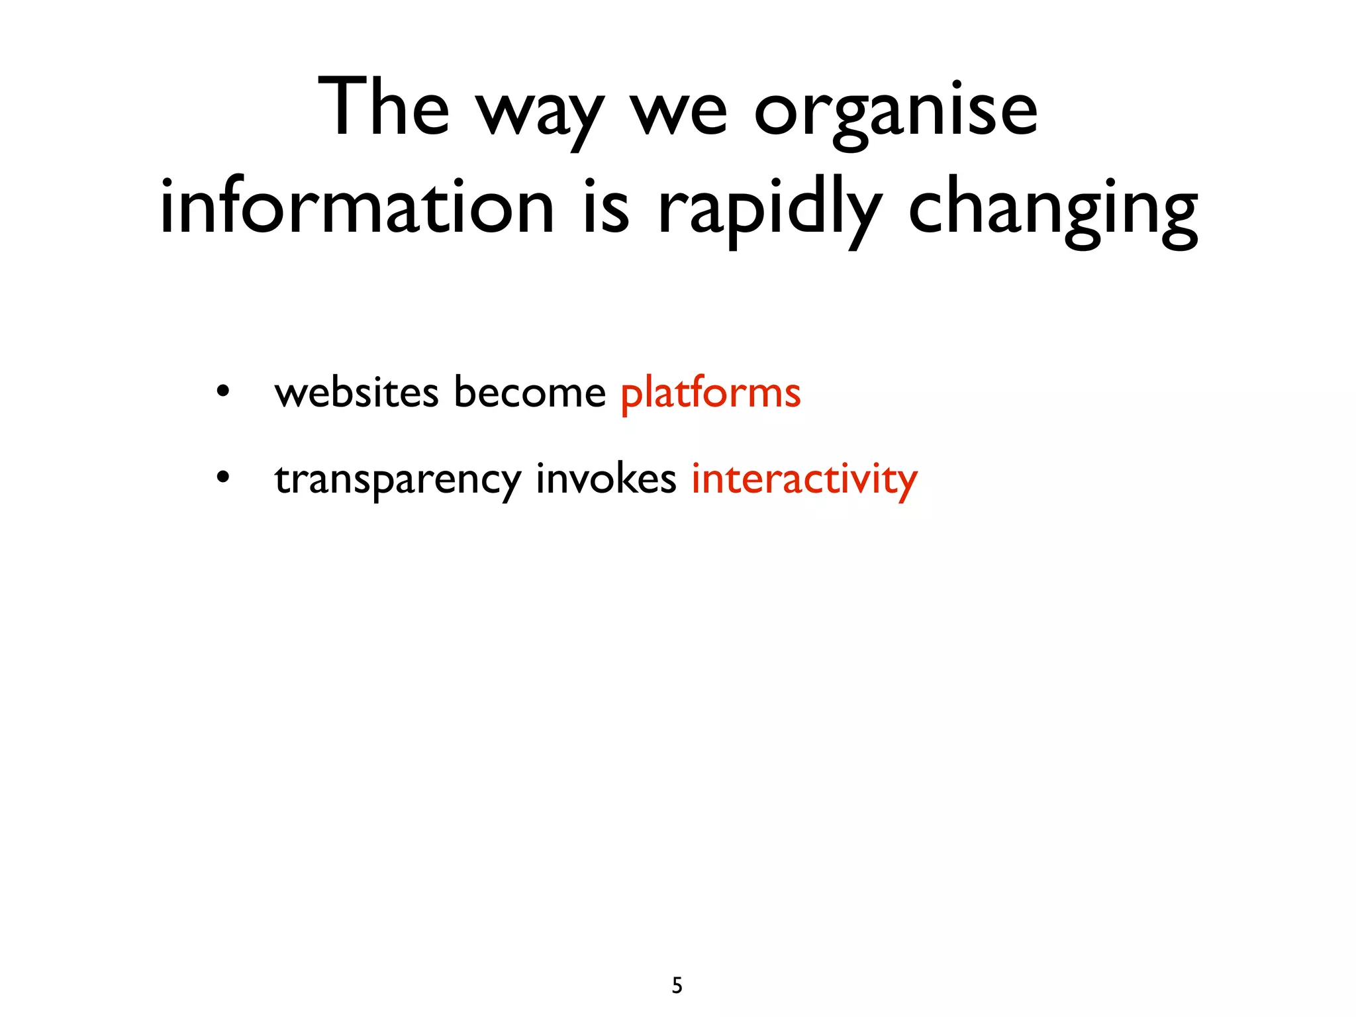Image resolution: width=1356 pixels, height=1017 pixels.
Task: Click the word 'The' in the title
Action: tap(384, 107)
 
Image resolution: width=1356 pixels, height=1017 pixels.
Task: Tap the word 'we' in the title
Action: tap(679, 113)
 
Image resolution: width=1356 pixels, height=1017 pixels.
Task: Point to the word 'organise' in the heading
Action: tap(895, 113)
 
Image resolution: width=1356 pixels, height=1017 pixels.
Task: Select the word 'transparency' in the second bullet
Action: tap(398, 479)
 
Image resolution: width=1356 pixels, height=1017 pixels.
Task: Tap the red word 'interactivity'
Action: tap(804, 479)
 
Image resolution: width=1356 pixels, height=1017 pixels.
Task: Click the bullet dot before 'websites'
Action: tap(223, 392)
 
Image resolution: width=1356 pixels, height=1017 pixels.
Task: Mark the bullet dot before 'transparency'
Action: tap(223, 477)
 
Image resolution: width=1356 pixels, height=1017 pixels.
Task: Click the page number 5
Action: tap(677, 986)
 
